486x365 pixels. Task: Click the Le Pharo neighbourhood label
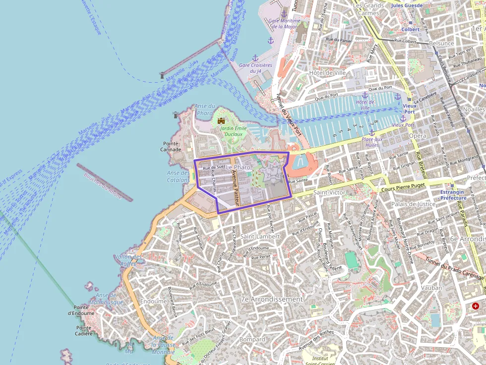238,167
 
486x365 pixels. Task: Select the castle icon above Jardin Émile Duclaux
221,120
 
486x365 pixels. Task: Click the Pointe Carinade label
172,146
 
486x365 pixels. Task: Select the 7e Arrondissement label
271,299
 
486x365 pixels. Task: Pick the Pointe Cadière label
84,330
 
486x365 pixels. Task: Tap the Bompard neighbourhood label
252,339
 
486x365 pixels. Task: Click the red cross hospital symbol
476,306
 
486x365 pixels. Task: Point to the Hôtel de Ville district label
327,72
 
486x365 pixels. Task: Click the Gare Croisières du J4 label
255,68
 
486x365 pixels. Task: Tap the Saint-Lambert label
260,236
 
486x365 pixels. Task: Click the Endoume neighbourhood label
154,301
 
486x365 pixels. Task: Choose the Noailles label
474,109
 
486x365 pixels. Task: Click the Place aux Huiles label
372,142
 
